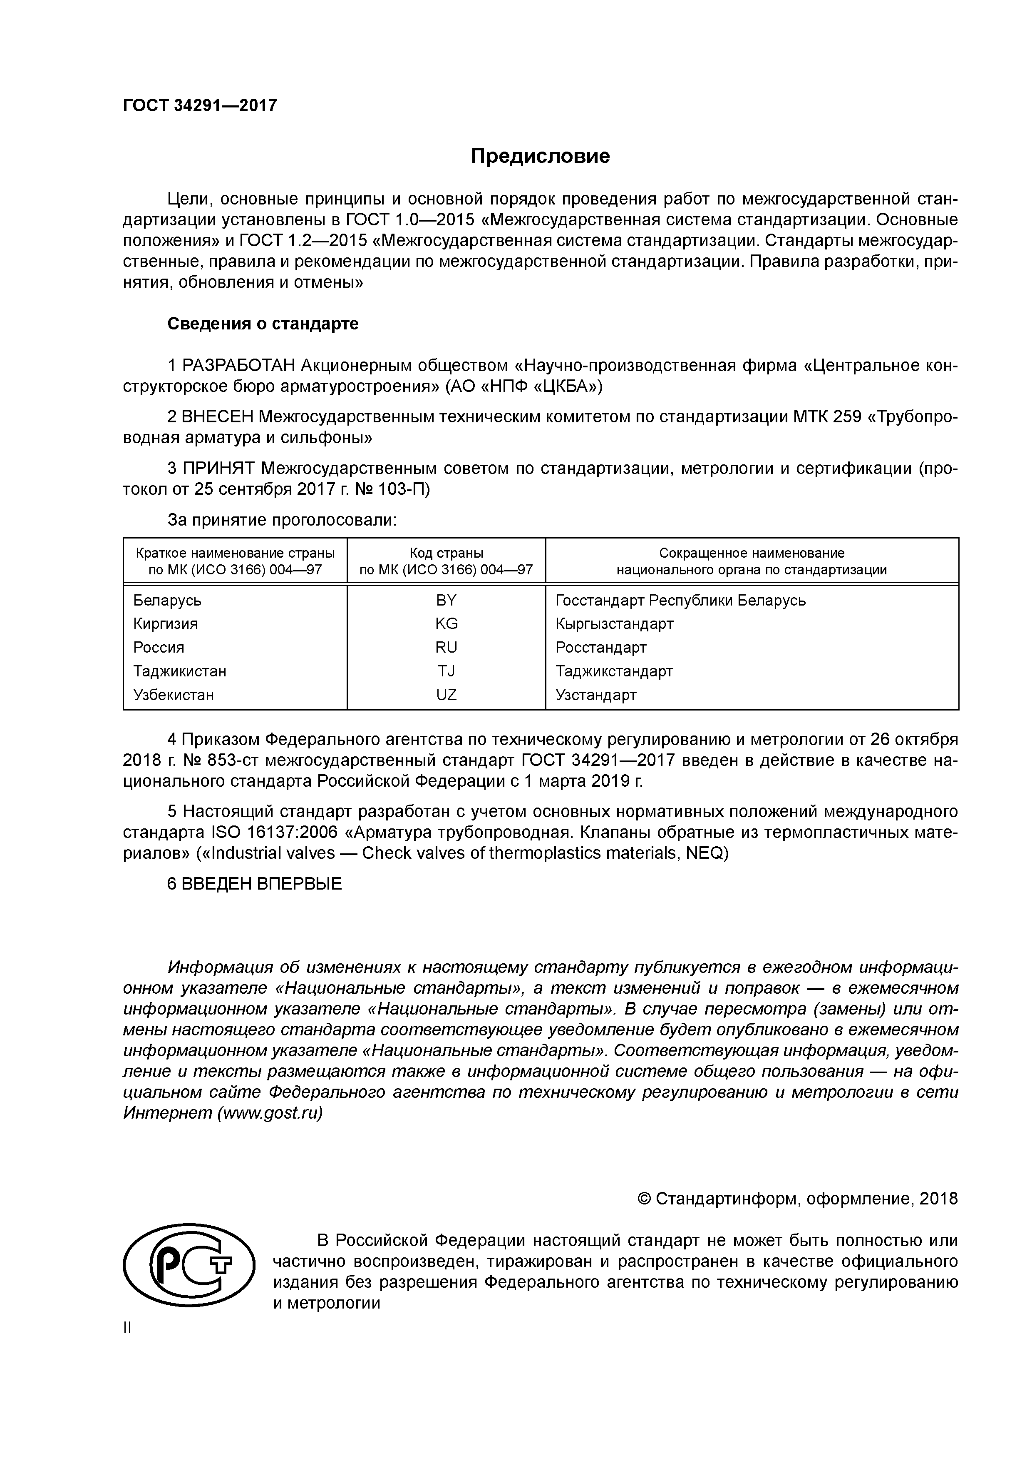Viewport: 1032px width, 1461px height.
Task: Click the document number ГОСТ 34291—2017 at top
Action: tap(200, 105)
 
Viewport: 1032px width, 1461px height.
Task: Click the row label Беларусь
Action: tap(167, 600)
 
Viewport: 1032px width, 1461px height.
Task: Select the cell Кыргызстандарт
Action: tap(614, 623)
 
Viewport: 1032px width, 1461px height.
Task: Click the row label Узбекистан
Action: tap(174, 694)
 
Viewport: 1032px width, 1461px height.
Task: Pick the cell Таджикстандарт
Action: tap(614, 671)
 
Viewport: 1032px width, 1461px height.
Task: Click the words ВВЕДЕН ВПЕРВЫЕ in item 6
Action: tap(261, 883)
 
